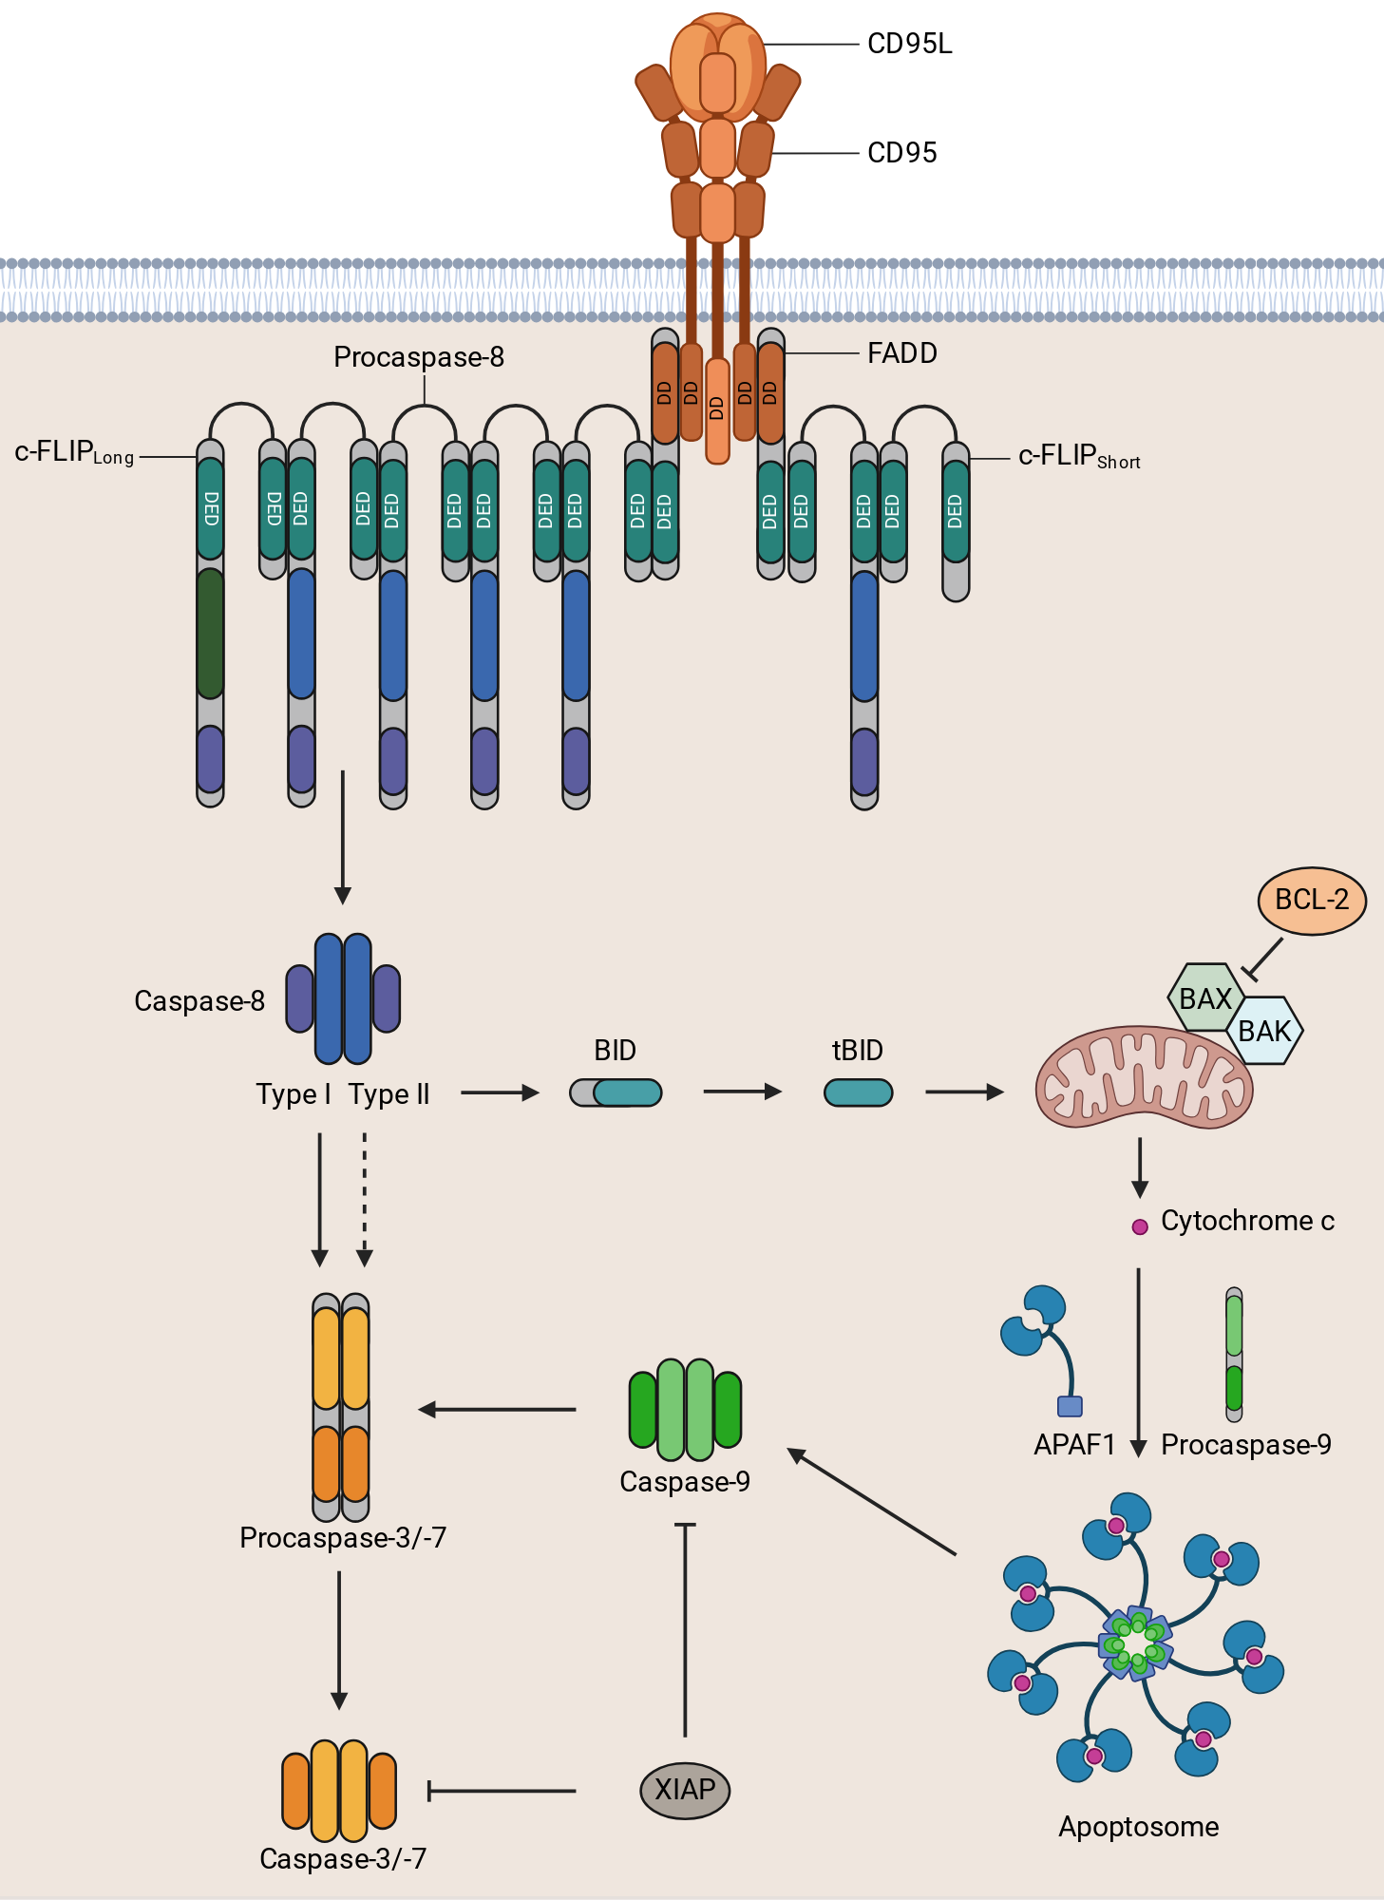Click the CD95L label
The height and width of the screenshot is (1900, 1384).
point(909,44)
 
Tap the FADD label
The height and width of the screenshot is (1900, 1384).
point(902,353)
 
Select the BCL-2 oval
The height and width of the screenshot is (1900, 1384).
point(1312,901)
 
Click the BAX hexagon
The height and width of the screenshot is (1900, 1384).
point(1205,998)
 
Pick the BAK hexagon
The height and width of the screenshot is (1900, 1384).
point(1264,1031)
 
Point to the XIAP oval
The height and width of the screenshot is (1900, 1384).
point(685,1790)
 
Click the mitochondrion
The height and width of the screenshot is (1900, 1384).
point(1144,1076)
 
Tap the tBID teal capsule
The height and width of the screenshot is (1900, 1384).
point(858,1092)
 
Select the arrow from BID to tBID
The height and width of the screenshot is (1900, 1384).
point(742,1092)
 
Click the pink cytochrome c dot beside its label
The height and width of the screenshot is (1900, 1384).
point(1140,1227)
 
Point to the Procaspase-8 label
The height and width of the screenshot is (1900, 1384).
point(419,357)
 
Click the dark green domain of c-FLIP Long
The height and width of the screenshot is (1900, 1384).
point(210,634)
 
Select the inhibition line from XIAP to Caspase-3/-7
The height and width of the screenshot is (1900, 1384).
point(502,1792)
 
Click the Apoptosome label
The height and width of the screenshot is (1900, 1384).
point(1139,1827)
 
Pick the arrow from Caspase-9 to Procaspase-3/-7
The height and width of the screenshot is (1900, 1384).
point(497,1410)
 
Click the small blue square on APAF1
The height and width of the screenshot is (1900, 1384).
point(1070,1406)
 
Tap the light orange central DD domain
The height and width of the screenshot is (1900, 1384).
point(717,410)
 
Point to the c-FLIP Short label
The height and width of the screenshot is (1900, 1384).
point(1079,457)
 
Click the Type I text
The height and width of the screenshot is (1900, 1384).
point(294,1094)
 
